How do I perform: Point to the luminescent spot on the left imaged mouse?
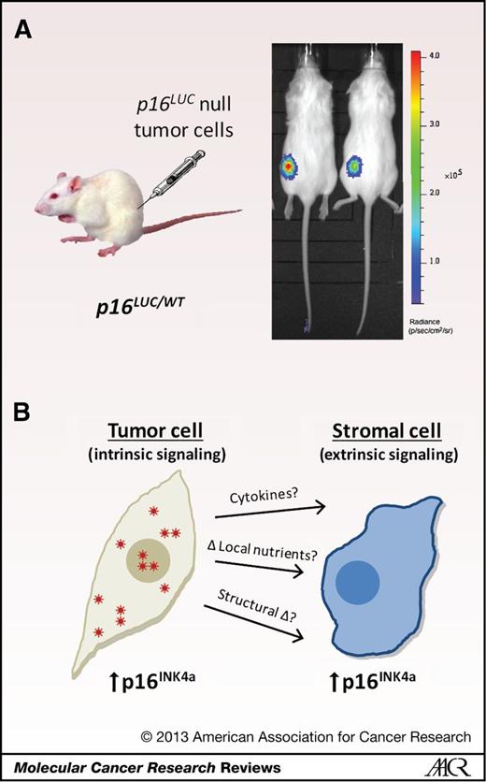click(x=288, y=167)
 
